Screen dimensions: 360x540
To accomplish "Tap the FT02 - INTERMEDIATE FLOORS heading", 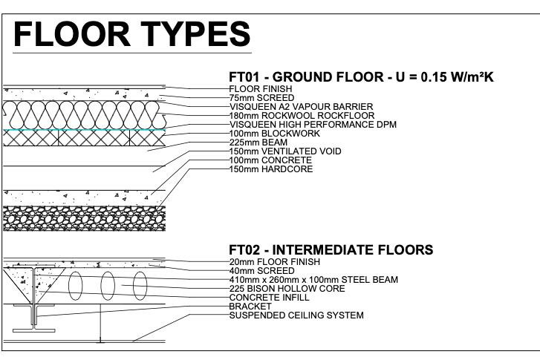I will [x=331, y=251].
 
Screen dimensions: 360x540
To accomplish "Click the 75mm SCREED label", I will [x=261, y=96].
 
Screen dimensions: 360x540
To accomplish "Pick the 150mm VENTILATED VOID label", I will [x=284, y=151].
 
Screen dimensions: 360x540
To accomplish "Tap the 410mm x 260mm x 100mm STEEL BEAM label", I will [x=314, y=280].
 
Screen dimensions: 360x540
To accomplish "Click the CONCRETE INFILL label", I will [x=268, y=298].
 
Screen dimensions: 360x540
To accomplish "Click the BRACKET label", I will [x=250, y=307].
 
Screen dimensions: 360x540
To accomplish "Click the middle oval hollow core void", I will [x=108, y=287].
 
